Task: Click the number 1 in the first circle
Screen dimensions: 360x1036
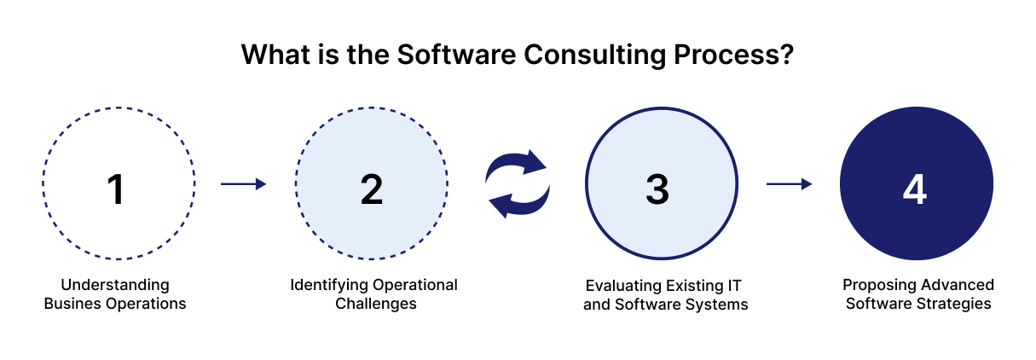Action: pos(117,189)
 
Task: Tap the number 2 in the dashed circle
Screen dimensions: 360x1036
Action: pos(372,189)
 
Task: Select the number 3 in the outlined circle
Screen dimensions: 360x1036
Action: pos(657,189)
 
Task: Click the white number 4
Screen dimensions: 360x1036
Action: pos(914,189)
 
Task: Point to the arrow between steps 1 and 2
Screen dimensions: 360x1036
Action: pos(244,183)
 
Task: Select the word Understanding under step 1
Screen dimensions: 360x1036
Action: pos(115,284)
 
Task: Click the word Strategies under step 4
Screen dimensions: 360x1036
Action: pos(956,303)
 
